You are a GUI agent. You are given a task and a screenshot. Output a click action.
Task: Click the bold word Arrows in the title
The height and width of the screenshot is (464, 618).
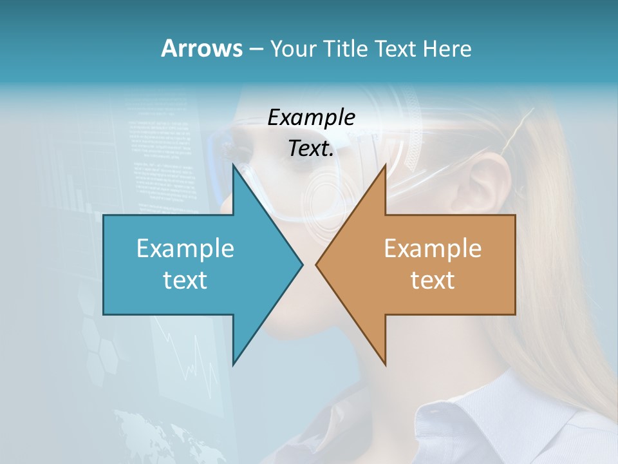pyautogui.click(x=201, y=48)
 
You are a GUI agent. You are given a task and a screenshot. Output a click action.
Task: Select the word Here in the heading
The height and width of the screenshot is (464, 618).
pyautogui.click(x=447, y=49)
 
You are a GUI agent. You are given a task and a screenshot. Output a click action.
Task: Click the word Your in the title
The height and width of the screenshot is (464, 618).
pyautogui.click(x=292, y=49)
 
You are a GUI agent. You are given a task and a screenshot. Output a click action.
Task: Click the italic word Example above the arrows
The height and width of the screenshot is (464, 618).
pyautogui.click(x=312, y=117)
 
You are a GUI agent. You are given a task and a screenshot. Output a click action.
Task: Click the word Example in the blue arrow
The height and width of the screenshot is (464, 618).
pyautogui.click(x=185, y=248)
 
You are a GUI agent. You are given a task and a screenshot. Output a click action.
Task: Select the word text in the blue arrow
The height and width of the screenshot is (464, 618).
pyautogui.click(x=185, y=280)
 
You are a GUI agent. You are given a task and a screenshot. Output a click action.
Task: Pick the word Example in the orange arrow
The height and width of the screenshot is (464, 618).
pyautogui.click(x=433, y=248)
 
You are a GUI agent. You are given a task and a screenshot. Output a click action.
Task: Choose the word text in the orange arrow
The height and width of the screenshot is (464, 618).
pyautogui.click(x=433, y=280)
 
